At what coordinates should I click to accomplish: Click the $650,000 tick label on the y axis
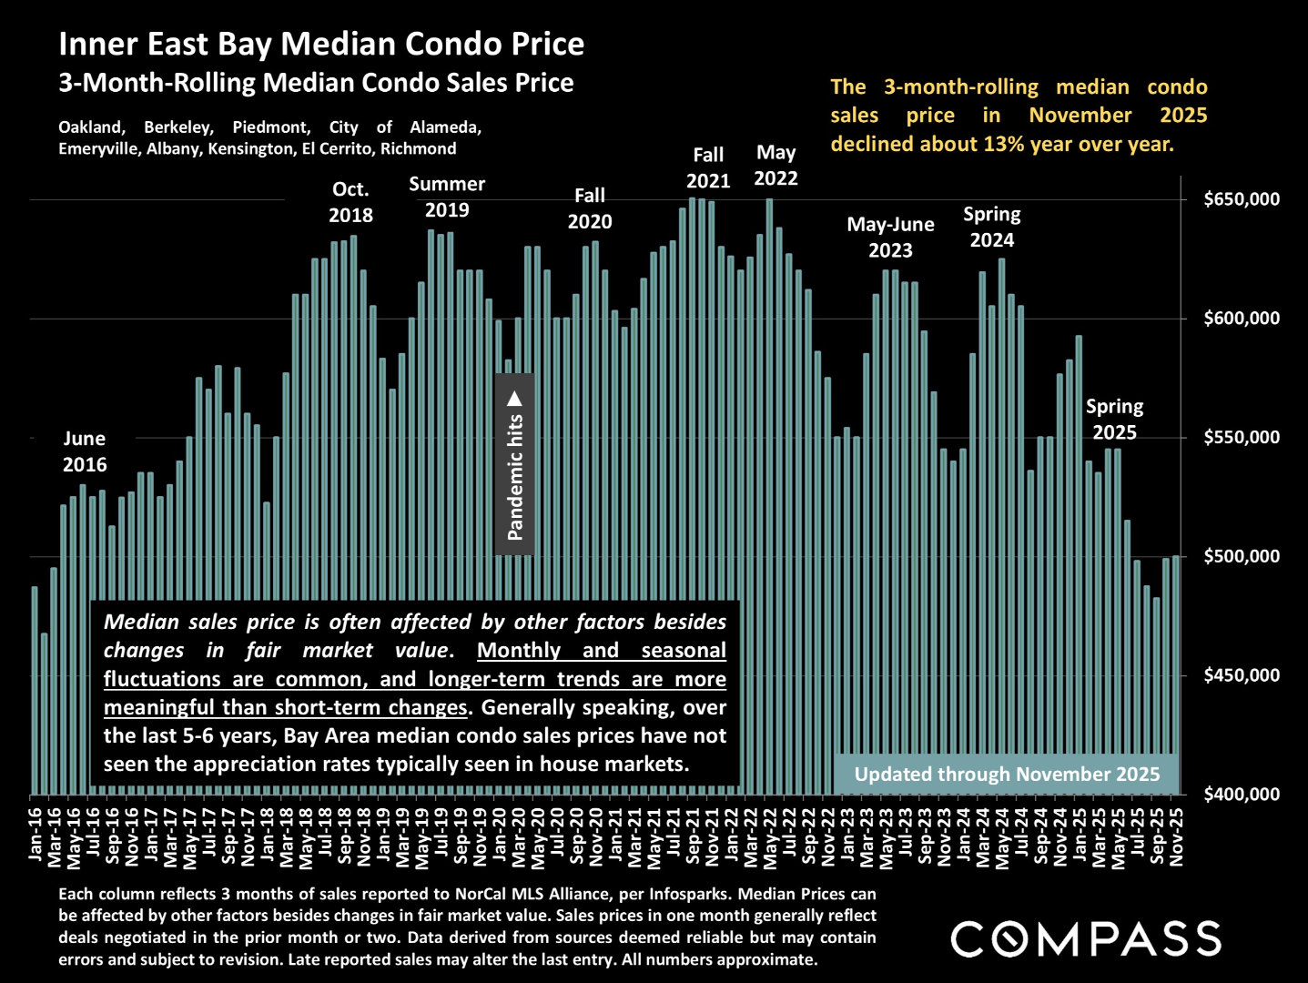[x=1242, y=199]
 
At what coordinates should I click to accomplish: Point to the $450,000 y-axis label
[x=1242, y=675]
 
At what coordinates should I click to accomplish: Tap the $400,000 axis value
[x=1242, y=795]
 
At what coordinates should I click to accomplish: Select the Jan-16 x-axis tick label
[x=35, y=833]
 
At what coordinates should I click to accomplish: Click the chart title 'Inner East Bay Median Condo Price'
[x=321, y=44]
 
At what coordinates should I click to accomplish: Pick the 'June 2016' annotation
[x=85, y=451]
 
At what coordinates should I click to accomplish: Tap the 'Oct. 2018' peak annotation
[x=350, y=202]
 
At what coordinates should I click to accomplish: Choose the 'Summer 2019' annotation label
[x=447, y=197]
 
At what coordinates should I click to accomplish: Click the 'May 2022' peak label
[x=776, y=166]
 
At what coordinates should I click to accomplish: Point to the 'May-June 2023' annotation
[x=890, y=237]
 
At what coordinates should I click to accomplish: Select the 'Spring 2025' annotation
[x=1114, y=419]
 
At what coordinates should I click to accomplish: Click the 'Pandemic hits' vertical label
[x=515, y=464]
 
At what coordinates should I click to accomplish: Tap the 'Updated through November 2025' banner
[x=1007, y=775]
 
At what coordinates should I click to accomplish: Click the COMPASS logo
[x=1086, y=939]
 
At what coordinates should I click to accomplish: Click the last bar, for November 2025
[x=1176, y=674]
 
